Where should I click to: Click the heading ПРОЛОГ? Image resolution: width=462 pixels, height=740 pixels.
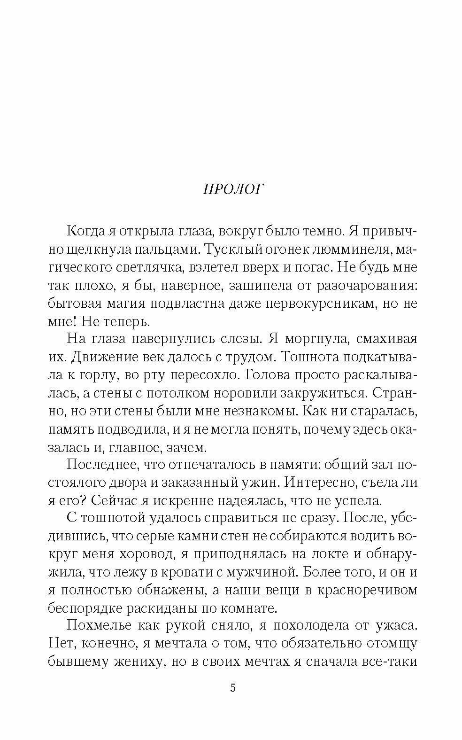tap(233, 189)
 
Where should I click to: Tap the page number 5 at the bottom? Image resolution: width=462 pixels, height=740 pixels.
tap(233, 688)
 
